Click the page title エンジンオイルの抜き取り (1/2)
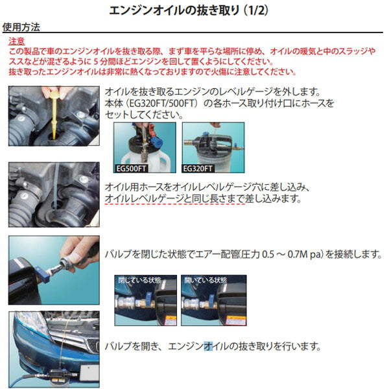pos(194,10)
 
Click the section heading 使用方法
pos(21,28)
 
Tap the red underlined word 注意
pos(18,41)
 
